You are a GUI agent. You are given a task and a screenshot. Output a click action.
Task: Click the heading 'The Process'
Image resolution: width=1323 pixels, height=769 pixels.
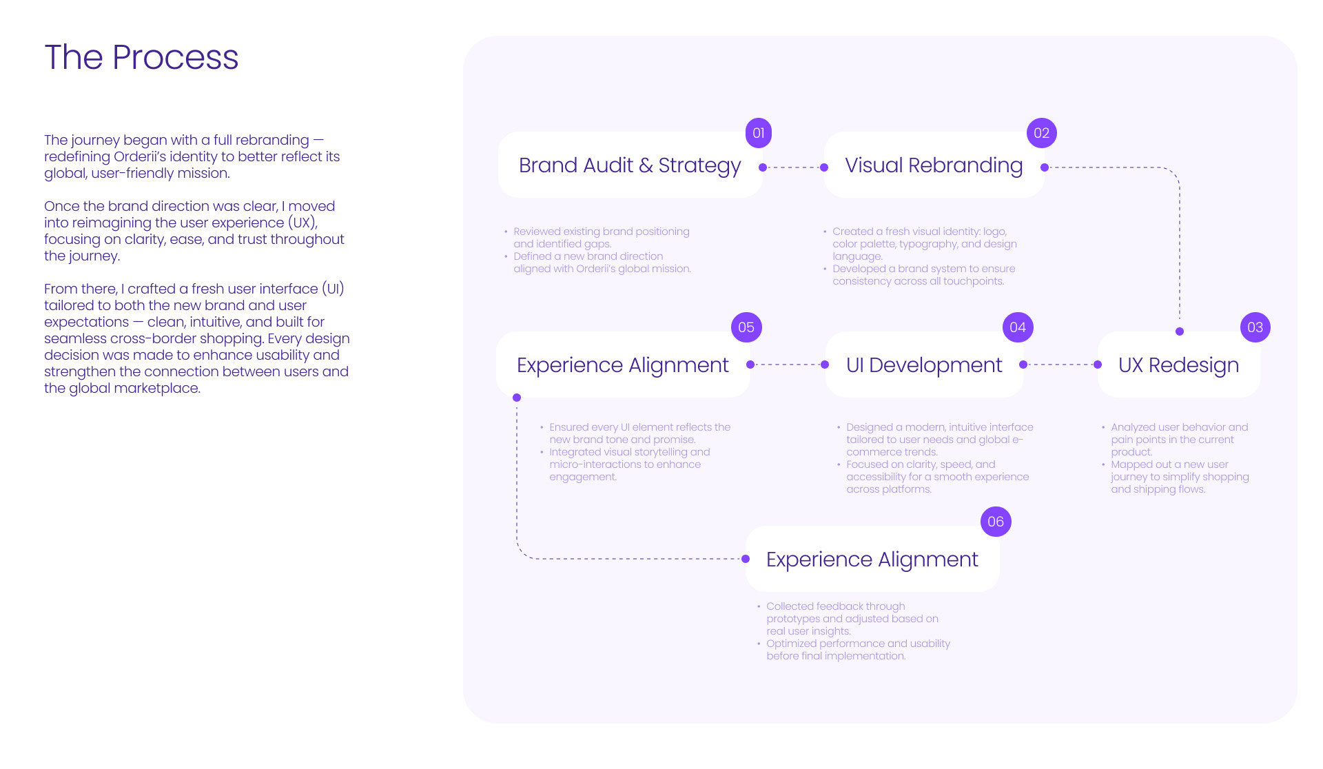pos(141,57)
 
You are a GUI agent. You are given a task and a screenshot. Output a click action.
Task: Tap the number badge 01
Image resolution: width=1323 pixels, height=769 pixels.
pos(758,133)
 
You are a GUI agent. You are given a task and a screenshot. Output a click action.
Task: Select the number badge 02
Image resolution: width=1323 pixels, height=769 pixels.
pos(1041,133)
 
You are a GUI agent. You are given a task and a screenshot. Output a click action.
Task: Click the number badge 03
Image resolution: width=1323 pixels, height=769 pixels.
pos(1255,327)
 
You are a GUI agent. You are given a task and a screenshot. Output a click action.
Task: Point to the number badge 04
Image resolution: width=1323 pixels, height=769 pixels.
pos(1018,327)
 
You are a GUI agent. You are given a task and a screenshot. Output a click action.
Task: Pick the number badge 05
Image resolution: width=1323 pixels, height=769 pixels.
pos(746,327)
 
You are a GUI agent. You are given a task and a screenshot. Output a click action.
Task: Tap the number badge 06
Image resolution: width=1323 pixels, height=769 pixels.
pos(996,522)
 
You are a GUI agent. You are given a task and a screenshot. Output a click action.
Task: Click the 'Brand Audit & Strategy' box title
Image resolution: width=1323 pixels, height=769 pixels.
pos(629,165)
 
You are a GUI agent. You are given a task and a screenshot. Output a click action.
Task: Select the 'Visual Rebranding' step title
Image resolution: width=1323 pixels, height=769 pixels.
pos(934,165)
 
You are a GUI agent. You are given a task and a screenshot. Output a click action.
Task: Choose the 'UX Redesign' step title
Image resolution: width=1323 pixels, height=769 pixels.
pos(1178,365)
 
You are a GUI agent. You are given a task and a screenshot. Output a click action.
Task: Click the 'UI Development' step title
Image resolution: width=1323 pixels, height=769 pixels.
pos(924,365)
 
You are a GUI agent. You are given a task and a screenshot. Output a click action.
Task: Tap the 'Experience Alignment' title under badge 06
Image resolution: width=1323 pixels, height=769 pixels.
pos(872,560)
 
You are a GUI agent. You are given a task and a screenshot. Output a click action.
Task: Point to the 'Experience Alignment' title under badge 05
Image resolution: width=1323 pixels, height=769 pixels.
pos(622,365)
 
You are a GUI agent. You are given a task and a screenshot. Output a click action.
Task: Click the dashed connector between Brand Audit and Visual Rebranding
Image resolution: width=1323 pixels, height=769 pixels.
pos(793,167)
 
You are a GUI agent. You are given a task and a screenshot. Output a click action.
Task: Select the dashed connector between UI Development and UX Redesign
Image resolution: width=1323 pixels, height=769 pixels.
pos(1060,365)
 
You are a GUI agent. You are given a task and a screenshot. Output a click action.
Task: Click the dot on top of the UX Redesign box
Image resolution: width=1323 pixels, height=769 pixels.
pos(1180,331)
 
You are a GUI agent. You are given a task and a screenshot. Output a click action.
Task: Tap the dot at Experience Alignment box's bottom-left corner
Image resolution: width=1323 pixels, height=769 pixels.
pos(517,398)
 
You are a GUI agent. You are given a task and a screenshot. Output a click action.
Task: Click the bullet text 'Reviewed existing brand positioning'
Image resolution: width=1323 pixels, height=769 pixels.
pos(601,232)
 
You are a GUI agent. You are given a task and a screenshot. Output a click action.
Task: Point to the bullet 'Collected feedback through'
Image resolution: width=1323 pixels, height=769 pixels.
pos(835,606)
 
